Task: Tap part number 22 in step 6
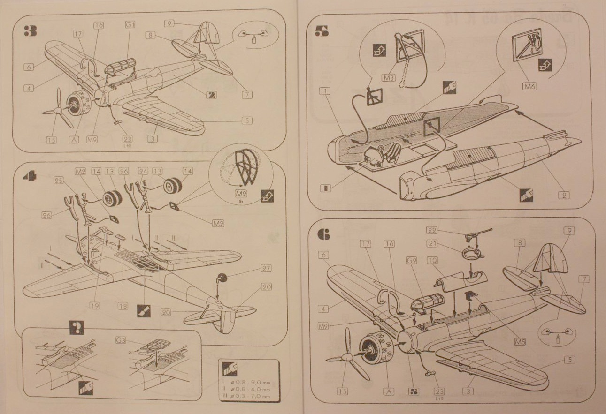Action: coord(433,230)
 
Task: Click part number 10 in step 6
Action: coord(433,259)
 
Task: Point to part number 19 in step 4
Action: coord(95,306)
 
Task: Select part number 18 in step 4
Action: coord(123,306)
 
